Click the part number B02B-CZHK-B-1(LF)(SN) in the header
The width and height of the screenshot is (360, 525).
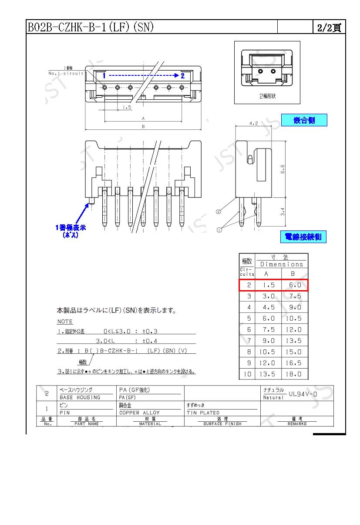click(91, 27)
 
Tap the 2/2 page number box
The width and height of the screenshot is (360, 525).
click(329, 27)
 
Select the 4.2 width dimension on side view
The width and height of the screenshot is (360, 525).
click(253, 123)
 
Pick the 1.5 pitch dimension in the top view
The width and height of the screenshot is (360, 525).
click(127, 107)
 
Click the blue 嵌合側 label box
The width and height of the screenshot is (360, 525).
click(304, 120)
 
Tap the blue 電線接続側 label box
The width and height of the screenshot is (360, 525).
click(303, 237)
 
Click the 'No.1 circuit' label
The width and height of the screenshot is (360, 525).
click(66, 73)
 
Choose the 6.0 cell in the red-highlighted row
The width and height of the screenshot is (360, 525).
click(295, 285)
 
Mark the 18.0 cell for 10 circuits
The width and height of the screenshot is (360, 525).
click(295, 374)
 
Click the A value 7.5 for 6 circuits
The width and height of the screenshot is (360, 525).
click(266, 330)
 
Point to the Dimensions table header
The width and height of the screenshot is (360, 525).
click(281, 264)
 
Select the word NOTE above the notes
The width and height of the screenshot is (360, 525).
click(65, 322)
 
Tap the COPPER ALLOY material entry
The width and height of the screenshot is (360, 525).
click(139, 413)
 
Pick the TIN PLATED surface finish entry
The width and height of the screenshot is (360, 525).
click(203, 413)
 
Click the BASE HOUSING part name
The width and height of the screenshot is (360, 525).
click(80, 397)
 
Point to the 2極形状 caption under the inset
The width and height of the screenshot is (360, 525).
click(267, 96)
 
